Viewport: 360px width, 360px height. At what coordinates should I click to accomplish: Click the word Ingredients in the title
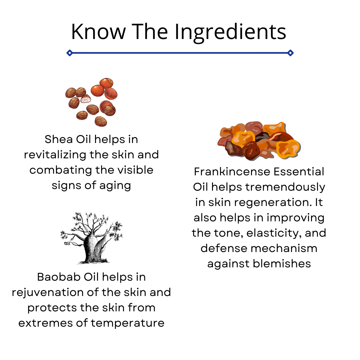[230, 33]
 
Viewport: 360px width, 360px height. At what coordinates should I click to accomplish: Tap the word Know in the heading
[98, 32]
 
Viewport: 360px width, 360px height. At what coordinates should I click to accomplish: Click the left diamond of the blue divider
[70, 53]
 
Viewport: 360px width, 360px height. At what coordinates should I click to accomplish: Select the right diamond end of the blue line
[290, 53]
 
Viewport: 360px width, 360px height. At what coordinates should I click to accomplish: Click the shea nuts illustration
[91, 102]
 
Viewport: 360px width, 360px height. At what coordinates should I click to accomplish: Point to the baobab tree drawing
[91, 238]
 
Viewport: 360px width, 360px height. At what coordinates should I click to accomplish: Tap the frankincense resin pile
[259, 141]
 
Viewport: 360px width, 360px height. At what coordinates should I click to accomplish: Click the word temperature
[128, 323]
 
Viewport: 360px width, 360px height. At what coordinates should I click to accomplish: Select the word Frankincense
[232, 172]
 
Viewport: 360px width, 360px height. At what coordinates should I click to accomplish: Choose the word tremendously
[285, 187]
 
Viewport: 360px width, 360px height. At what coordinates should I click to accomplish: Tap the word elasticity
[274, 233]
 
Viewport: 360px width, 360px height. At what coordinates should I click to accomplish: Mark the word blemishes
[282, 264]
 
